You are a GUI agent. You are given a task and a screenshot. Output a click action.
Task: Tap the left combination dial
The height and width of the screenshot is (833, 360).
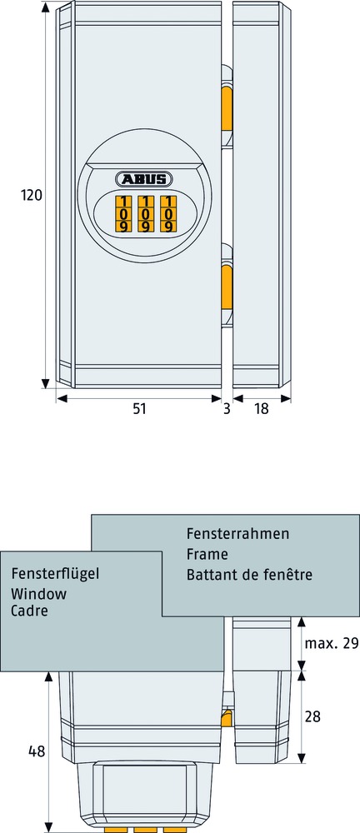tap(122, 214)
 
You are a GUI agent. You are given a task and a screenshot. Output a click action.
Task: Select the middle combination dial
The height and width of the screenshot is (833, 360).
tap(145, 214)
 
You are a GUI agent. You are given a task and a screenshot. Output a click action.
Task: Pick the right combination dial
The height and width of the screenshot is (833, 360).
tap(168, 214)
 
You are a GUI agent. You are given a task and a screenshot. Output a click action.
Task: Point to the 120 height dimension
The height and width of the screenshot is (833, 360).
tap(32, 196)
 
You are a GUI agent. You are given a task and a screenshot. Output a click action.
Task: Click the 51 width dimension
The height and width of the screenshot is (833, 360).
tap(139, 409)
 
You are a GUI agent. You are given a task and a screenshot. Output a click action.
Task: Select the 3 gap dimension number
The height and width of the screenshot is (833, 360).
tap(227, 409)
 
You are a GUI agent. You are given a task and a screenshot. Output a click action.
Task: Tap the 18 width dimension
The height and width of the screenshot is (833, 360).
tap(262, 409)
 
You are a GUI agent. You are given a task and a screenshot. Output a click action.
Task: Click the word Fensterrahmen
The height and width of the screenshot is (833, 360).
tap(237, 533)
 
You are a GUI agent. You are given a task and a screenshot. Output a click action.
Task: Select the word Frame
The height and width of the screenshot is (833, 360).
tap(207, 554)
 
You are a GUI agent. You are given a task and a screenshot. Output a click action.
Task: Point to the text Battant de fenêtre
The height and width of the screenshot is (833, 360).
tap(249, 574)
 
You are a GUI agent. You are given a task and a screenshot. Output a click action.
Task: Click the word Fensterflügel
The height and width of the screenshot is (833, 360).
tap(55, 574)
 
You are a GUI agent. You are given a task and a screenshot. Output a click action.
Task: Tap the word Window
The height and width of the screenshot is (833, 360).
tap(39, 593)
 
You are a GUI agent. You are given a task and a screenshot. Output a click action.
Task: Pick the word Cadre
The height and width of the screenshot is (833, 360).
tap(29, 611)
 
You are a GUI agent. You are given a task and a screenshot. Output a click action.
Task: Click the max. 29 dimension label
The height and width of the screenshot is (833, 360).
tap(332, 644)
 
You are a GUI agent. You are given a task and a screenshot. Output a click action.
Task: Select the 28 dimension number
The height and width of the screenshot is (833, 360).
tap(312, 716)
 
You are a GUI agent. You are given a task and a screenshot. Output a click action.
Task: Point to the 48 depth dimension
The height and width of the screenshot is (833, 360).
tap(37, 751)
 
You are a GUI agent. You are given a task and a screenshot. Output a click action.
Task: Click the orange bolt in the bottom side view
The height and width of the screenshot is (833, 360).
tap(227, 717)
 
